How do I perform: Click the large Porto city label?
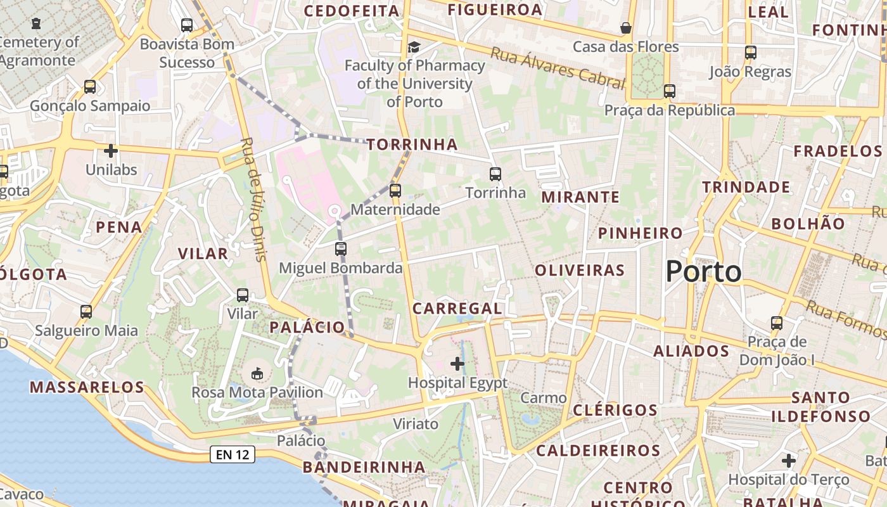(703, 272)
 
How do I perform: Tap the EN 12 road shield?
(233, 454)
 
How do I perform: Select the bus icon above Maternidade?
(395, 190)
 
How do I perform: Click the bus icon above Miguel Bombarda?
(341, 248)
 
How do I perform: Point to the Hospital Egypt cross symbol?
(457, 364)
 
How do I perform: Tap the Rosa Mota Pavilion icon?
(257, 373)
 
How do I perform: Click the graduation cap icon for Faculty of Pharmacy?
(414, 47)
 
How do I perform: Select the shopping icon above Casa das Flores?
(625, 28)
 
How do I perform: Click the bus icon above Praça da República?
(670, 91)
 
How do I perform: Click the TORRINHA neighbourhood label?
(412, 144)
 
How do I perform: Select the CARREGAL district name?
(457, 309)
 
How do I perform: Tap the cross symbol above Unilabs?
(111, 151)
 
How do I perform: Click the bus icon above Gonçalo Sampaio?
(90, 86)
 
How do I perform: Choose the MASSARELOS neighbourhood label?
(87, 387)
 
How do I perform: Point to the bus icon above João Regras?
(751, 53)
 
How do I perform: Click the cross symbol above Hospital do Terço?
(788, 460)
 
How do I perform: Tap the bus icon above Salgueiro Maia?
(86, 312)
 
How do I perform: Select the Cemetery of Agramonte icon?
(36, 23)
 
